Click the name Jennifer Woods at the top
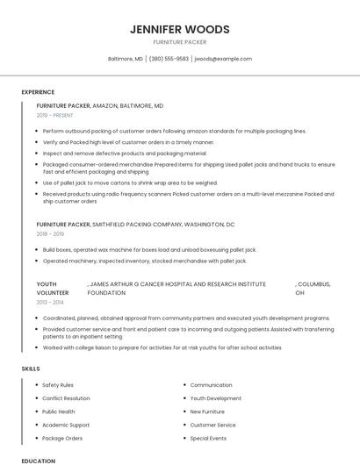pos(179,29)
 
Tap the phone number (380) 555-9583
pos(169,59)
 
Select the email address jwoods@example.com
pos(223,59)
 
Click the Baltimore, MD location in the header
pos(125,59)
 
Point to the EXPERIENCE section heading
pos(38,92)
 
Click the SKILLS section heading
pos(31,368)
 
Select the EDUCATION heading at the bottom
pos(38,460)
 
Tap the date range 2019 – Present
pos(55,115)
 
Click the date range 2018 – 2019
pos(51,234)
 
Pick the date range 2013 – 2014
pos(51,302)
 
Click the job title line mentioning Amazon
pos(100,105)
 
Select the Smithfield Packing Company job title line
pos(135,225)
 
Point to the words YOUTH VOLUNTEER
pos(53,289)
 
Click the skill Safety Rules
pos(58,385)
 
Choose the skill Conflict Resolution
pos(66,398)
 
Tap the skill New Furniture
pos(207,411)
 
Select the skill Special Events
pos(208,438)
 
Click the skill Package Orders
pos(62,438)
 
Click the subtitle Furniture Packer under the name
pos(179,42)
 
